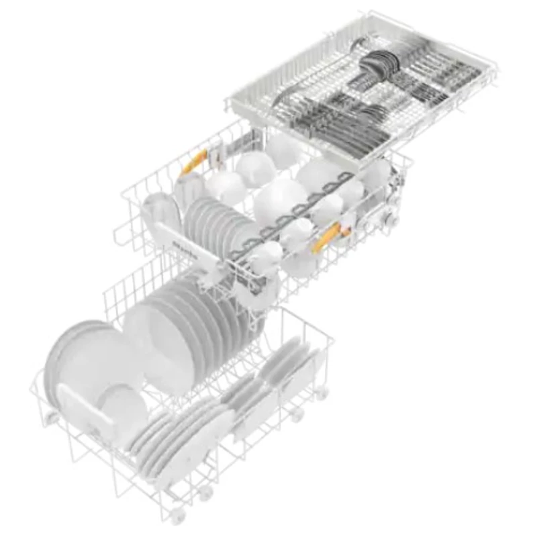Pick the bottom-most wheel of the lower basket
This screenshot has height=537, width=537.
177,516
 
